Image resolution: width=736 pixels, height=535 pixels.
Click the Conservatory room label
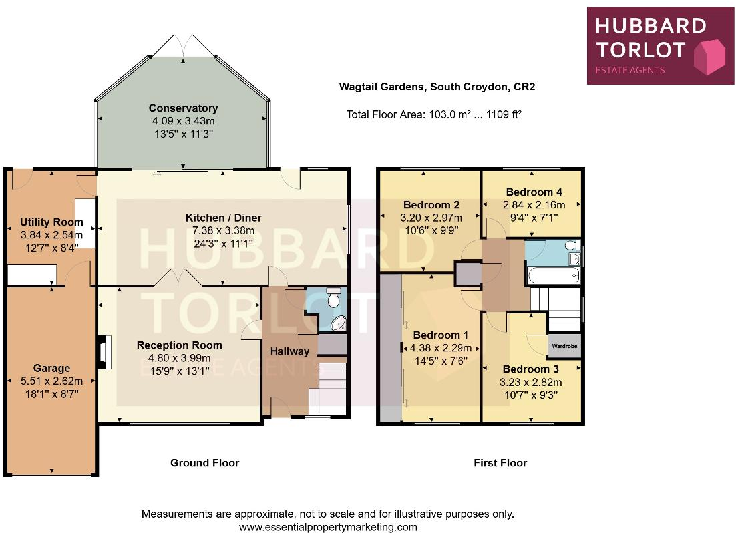(183, 108)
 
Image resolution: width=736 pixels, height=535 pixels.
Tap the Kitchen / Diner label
(223, 218)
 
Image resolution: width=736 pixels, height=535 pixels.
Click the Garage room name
(51, 368)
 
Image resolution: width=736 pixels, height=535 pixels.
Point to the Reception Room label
(179, 345)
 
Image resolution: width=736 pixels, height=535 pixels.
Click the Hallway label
(289, 351)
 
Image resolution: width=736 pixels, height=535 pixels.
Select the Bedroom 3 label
(530, 369)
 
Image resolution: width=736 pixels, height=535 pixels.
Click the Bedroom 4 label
(534, 192)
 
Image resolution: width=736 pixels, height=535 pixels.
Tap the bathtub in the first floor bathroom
(552, 275)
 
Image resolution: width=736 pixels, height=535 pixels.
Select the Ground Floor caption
(204, 463)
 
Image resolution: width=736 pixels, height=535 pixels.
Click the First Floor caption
(500, 463)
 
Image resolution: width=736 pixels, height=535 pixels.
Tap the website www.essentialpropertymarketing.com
(327, 527)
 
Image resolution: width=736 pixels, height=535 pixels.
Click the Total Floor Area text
(433, 114)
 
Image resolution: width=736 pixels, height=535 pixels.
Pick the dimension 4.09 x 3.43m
(183, 121)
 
